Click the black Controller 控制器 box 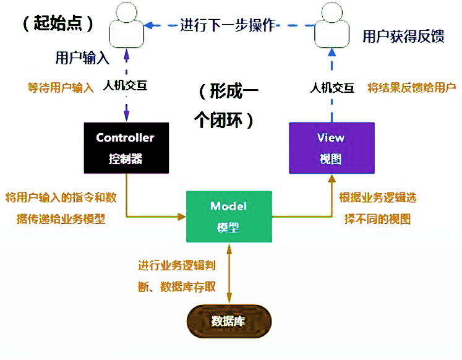(x=126, y=148)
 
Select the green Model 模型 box (x=229, y=216)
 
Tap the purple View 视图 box (x=332, y=147)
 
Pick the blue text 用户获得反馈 (x=403, y=36)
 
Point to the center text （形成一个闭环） (x=227, y=106)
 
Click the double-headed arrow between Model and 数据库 (x=229, y=272)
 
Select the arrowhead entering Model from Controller (x=182, y=216)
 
